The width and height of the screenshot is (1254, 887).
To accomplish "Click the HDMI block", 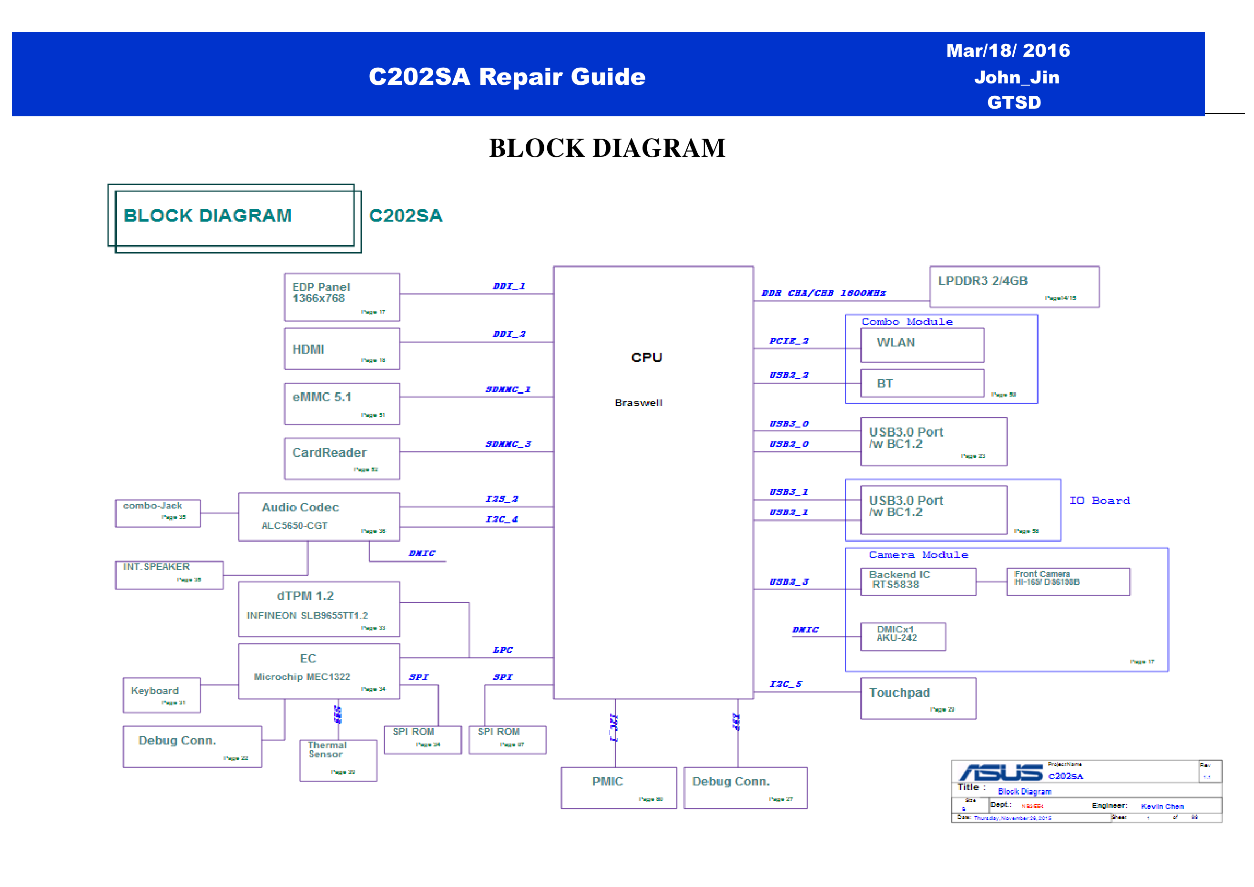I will (341, 348).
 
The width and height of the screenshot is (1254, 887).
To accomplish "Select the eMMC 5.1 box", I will (341, 403).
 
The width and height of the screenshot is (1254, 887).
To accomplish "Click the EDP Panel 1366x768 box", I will (341, 296).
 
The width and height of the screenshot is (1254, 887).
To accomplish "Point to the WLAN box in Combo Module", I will (922, 345).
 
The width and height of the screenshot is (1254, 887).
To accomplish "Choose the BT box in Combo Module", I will (922, 383).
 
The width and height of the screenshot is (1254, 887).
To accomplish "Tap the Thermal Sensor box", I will (337, 760).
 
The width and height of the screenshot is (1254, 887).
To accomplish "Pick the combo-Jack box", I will (157, 513).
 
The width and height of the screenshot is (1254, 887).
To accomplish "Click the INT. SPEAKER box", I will (169, 575).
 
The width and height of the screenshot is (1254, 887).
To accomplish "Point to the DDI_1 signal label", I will (509, 286).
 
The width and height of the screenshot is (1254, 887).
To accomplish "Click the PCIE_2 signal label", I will (788, 341).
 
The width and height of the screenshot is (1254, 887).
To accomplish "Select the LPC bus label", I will (502, 650).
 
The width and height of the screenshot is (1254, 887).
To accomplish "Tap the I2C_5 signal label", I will (785, 684).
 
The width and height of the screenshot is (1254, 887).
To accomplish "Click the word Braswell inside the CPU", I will (638, 403).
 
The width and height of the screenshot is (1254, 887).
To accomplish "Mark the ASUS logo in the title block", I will (1000, 772).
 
